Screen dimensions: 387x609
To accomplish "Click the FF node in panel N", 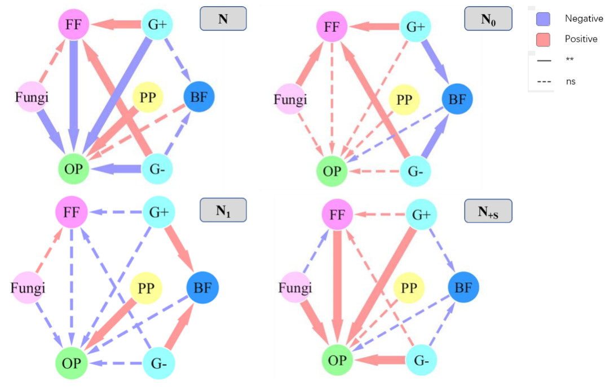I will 74,24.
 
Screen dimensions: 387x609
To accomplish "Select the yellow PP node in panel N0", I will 404,100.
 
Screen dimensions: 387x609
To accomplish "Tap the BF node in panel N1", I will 202,288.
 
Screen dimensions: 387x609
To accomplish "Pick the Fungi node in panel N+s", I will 295,288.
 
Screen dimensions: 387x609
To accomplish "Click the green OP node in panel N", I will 74,167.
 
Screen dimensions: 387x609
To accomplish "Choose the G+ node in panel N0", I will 416,25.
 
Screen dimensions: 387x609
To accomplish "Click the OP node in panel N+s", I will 337,359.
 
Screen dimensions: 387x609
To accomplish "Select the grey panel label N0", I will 488,19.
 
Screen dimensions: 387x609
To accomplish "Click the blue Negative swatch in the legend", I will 542,19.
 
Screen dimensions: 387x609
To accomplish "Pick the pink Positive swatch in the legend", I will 542,39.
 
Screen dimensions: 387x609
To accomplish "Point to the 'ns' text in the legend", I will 571,82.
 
